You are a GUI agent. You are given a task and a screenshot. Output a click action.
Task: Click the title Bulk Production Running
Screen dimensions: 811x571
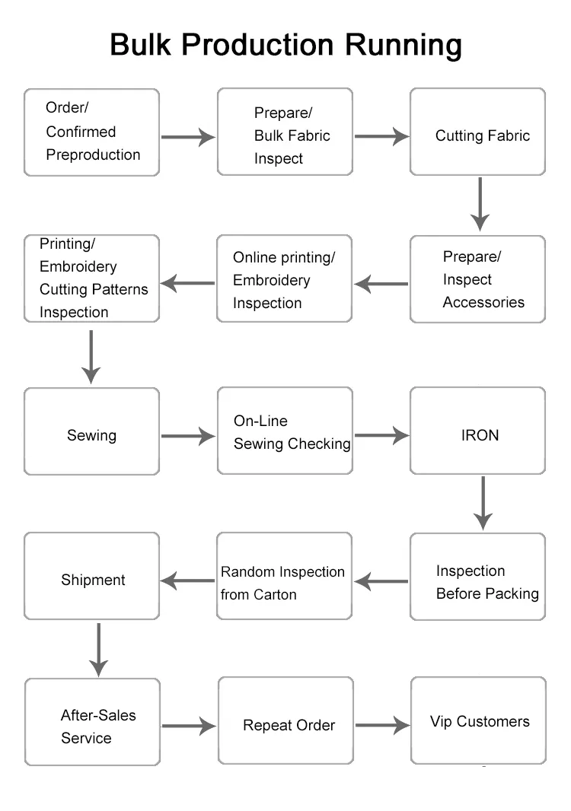[x=285, y=45]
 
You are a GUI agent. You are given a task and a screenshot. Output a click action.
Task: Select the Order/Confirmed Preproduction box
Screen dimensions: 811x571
[x=91, y=132]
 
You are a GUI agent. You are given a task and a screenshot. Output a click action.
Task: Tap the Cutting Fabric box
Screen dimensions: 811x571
[x=477, y=132]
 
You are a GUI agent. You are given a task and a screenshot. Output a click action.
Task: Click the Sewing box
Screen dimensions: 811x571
[x=91, y=431]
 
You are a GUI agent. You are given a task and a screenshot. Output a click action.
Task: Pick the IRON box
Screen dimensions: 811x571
[x=477, y=431]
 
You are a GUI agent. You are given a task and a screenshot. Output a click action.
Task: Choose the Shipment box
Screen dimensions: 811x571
[x=91, y=577]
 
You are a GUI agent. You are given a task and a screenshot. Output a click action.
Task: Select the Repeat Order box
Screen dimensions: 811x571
[x=285, y=721]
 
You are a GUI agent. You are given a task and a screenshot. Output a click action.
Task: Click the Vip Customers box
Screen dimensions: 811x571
[x=478, y=720]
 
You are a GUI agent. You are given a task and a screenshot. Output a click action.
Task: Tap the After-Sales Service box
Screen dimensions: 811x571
[x=91, y=721]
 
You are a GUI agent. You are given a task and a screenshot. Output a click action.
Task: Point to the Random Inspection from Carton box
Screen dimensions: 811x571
[x=284, y=577]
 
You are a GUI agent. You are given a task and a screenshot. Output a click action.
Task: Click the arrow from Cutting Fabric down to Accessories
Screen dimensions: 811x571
[x=479, y=203]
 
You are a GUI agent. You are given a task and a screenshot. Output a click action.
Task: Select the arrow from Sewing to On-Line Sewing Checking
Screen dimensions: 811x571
[x=188, y=436]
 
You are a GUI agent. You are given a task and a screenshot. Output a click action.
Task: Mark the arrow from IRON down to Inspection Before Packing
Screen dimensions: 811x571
[x=483, y=502]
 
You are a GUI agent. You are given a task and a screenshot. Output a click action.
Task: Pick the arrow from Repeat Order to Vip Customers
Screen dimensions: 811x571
[x=382, y=725]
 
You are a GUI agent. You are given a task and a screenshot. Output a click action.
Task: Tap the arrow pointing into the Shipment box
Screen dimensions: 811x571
[x=188, y=581]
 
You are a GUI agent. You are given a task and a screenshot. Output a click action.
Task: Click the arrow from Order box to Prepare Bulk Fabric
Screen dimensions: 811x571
[x=188, y=137]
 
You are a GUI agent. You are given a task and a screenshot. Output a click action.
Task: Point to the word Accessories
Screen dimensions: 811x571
[x=483, y=303]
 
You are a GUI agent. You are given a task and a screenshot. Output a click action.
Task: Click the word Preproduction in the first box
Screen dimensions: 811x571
[x=93, y=155]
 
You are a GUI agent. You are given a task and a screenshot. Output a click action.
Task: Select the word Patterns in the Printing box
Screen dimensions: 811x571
[x=120, y=290]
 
